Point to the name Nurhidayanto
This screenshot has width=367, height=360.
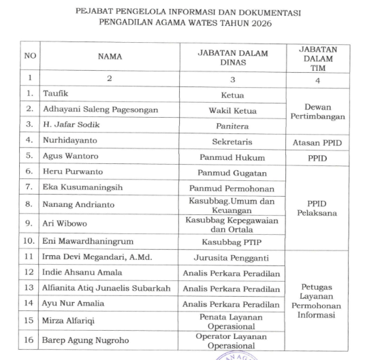click(67, 140)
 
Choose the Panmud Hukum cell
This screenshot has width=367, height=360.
click(232, 157)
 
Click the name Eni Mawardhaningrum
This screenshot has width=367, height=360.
click(84, 242)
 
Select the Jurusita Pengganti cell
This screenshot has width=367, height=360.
click(232, 257)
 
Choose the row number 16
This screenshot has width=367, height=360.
click(28, 340)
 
